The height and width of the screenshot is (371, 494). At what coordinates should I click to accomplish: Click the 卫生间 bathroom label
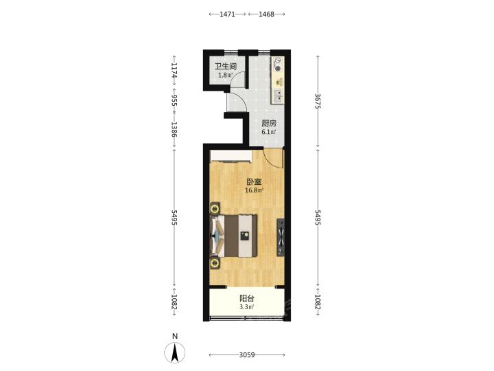[x=226, y=67]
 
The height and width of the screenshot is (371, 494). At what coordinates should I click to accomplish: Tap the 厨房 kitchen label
[x=269, y=124]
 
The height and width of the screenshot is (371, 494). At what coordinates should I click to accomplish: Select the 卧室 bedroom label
[x=254, y=181]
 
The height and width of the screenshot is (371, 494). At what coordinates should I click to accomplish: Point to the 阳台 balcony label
[x=247, y=298]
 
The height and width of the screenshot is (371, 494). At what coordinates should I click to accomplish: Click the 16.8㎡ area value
[x=254, y=190]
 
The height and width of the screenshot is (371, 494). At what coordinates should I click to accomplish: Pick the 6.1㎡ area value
[x=269, y=132]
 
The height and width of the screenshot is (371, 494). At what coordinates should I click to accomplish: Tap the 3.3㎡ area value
[x=247, y=307]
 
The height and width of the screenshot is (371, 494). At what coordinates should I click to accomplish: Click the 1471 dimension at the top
[x=227, y=14]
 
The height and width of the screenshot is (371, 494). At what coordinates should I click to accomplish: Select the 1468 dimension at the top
[x=266, y=14]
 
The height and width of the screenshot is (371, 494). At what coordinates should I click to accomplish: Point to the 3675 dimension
[x=318, y=101]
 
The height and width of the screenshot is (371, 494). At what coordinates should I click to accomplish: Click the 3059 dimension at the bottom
[x=247, y=355]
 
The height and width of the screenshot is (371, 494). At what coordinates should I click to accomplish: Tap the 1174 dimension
[x=174, y=70]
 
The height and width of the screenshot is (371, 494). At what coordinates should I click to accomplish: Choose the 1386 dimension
[x=174, y=129]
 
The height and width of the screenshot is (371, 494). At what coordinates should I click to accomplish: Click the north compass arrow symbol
[x=174, y=352]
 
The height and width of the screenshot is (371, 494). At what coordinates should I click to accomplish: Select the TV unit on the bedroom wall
[x=281, y=237]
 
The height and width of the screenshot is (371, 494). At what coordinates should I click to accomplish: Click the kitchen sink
[x=278, y=96]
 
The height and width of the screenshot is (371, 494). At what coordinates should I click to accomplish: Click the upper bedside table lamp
[x=215, y=209]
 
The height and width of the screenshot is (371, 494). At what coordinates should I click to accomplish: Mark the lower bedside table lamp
[x=215, y=262]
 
